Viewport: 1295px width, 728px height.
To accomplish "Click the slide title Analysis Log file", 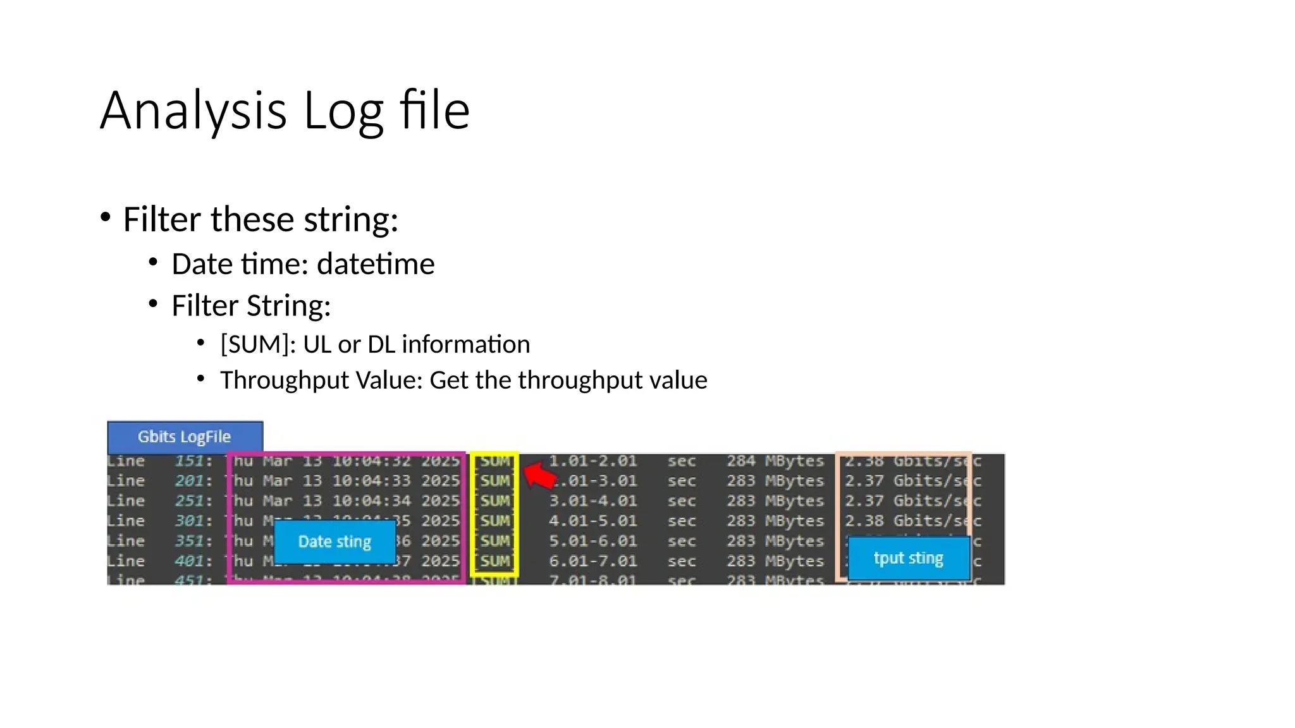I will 285,111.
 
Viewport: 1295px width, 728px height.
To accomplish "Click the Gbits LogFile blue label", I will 185,437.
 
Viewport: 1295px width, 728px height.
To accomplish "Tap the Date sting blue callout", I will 334,542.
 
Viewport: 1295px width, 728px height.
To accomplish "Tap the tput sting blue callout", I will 908,558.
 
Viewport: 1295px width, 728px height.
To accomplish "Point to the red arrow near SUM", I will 539,475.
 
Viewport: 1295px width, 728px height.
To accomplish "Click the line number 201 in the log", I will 189,481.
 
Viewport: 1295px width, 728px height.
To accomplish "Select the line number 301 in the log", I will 189,521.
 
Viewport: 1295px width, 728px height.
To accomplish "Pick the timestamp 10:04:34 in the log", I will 371,501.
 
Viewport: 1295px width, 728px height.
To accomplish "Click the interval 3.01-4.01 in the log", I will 592,501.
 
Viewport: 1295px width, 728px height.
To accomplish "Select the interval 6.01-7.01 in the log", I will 592,561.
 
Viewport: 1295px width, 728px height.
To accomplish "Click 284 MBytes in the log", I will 775,461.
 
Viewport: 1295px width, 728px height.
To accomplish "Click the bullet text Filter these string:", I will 261,220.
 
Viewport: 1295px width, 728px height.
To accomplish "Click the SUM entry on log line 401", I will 495,561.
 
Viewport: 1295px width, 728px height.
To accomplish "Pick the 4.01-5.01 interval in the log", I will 592,521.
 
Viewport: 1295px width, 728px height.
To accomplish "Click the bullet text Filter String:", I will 251,306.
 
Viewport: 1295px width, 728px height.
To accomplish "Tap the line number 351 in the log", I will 189,542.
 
